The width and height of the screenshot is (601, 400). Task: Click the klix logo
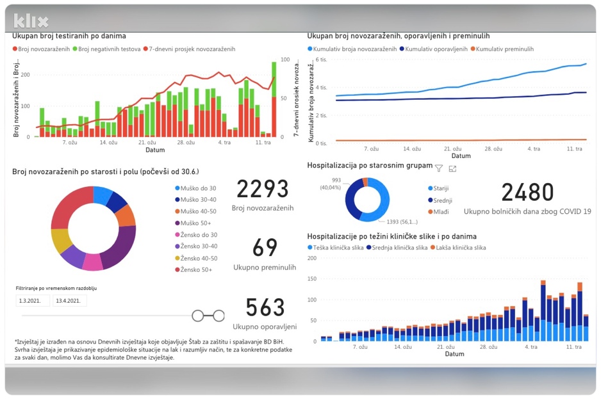click(31, 21)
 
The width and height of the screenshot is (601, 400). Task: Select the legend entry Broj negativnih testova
click(107, 49)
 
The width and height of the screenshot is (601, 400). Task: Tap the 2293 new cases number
click(263, 189)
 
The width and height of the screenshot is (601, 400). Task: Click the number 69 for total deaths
click(265, 247)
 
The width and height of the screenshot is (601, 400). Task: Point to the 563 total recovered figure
click(265, 307)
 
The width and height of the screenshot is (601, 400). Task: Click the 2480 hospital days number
click(527, 192)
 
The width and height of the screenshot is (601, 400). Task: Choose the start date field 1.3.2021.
click(33, 300)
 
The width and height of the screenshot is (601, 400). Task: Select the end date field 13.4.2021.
click(69, 300)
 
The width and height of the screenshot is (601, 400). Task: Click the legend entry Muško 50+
click(193, 223)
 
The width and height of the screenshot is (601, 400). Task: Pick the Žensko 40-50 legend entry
click(196, 259)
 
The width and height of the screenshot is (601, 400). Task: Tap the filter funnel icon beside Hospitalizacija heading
click(439, 168)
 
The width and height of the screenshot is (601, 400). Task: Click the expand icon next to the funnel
click(452, 168)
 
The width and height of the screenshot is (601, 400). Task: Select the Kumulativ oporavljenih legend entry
click(434, 49)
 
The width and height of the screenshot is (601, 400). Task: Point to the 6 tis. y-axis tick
click(321, 60)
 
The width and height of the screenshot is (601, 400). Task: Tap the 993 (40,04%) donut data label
click(331, 184)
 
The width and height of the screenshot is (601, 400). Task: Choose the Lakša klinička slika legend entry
click(458, 248)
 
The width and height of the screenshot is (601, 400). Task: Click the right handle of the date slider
click(219, 316)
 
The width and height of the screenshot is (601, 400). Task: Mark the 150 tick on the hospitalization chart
click(312, 278)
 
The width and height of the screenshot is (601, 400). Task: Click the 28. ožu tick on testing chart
click(186, 142)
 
